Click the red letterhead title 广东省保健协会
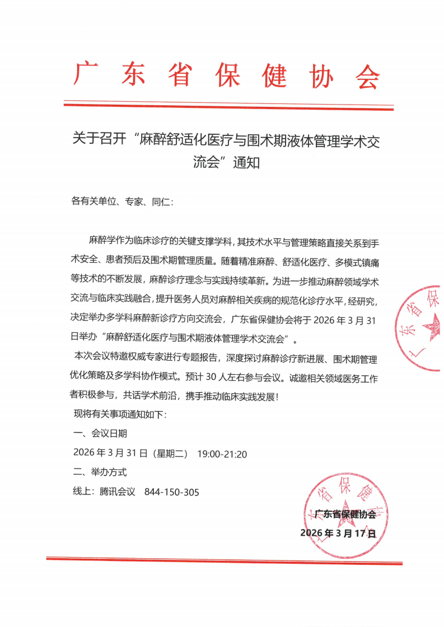coord(227,76)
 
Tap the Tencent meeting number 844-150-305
coord(172,492)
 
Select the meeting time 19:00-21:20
coord(222,454)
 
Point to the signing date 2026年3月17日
coord(338,533)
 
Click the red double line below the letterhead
coord(228,105)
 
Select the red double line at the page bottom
coord(224,560)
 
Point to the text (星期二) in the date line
coord(170,454)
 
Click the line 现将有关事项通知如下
coord(120,414)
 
